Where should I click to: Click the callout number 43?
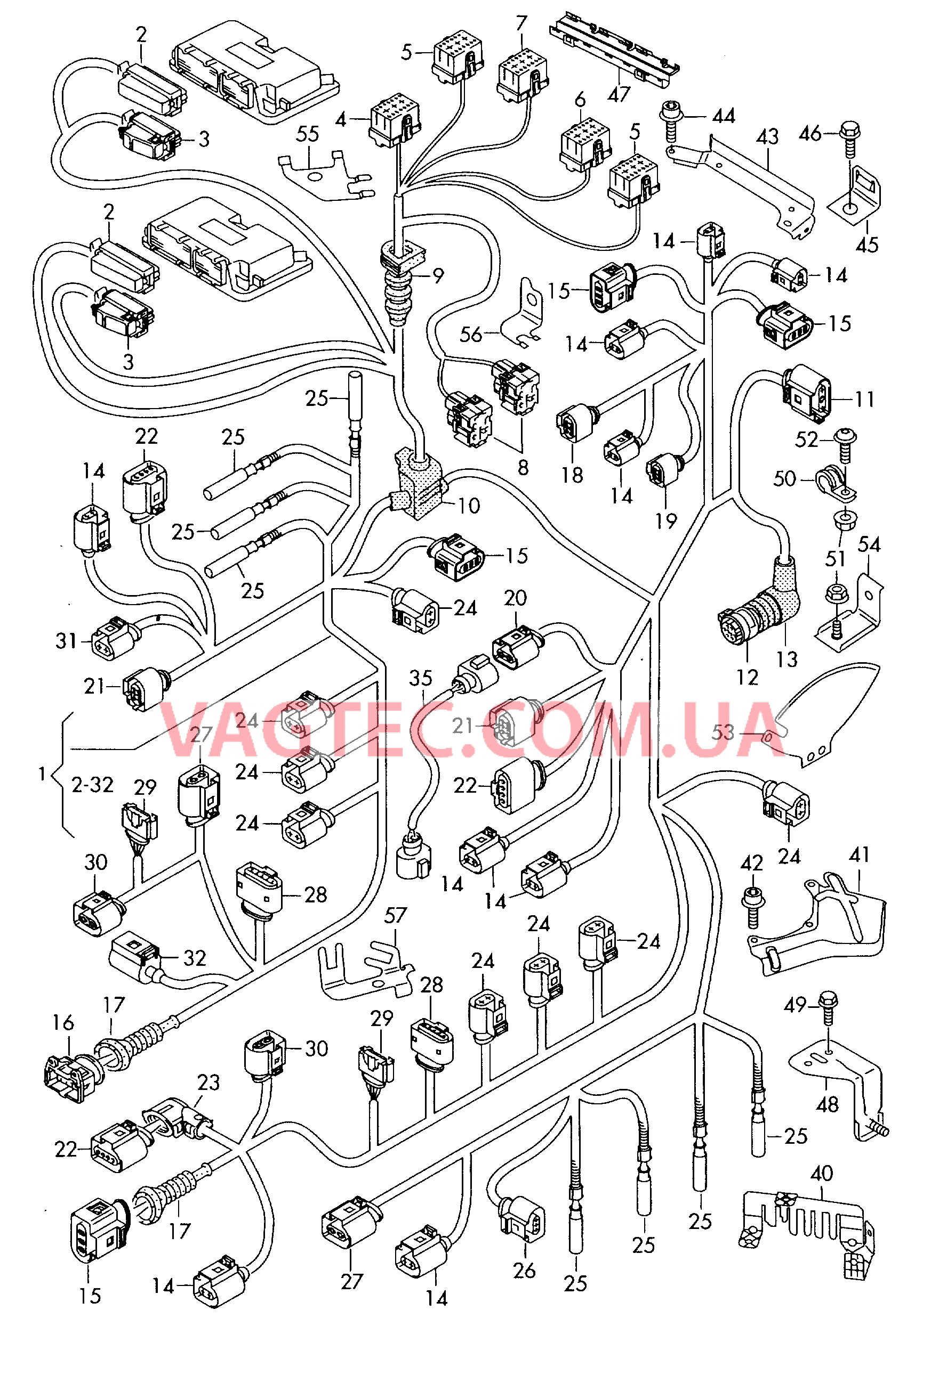[x=767, y=137]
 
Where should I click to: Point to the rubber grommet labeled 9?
[x=398, y=283]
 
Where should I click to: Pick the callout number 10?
[x=468, y=506]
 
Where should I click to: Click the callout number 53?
[x=722, y=732]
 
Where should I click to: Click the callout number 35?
[x=420, y=678]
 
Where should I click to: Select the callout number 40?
[x=822, y=1173]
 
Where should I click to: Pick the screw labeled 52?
[x=845, y=443]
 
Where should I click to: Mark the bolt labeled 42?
[x=753, y=905]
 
